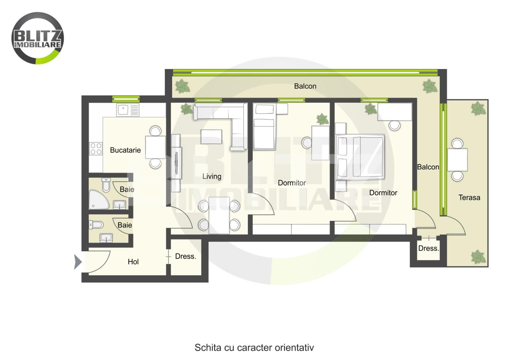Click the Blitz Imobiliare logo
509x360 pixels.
[38, 38]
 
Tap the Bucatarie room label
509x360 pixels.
[125, 150]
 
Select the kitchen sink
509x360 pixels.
[128, 110]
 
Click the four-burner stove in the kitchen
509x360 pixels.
[96, 149]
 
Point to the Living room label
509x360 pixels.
[212, 177]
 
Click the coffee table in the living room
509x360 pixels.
[211, 136]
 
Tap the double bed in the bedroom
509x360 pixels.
[360, 157]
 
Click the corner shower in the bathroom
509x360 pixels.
[99, 199]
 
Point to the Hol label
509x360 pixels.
[133, 262]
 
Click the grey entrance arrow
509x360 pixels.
[78, 262]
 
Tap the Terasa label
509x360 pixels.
[469, 197]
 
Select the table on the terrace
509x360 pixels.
[457, 160]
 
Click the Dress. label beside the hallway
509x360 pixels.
[185, 256]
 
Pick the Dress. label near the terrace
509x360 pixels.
[429, 248]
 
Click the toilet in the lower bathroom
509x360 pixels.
[96, 225]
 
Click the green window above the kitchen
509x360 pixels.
[126, 99]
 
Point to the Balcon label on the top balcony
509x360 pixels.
[305, 86]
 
